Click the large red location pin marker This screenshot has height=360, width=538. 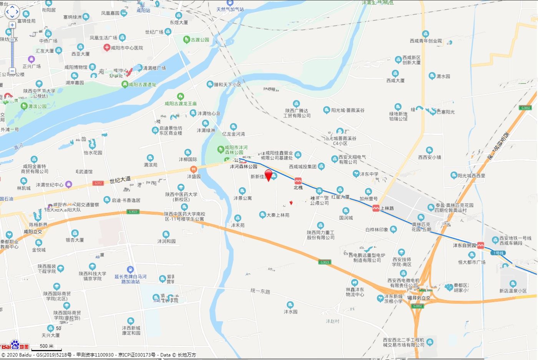tap(269, 175)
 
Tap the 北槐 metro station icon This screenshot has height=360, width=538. tap(298, 181)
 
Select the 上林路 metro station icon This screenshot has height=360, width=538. tap(376, 208)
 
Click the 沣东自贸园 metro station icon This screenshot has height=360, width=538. tap(480, 245)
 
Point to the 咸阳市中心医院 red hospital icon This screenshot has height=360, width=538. tap(106, 48)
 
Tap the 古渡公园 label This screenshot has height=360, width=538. tap(200, 40)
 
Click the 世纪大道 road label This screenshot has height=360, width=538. tap(120, 179)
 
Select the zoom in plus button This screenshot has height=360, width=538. tap(12, 25)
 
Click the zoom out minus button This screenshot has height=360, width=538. tap(12, 71)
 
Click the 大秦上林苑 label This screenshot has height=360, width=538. tap(278, 215)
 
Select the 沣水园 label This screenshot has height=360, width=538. tap(291, 312)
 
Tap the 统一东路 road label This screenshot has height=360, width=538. tap(260, 291)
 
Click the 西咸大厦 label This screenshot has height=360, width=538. tap(395, 80)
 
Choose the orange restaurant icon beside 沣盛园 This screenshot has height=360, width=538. tap(193, 169)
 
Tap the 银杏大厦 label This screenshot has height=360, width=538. tap(75, 240)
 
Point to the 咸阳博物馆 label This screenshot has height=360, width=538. tap(76, 67)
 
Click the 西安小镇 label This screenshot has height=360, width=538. tap(430, 157)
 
